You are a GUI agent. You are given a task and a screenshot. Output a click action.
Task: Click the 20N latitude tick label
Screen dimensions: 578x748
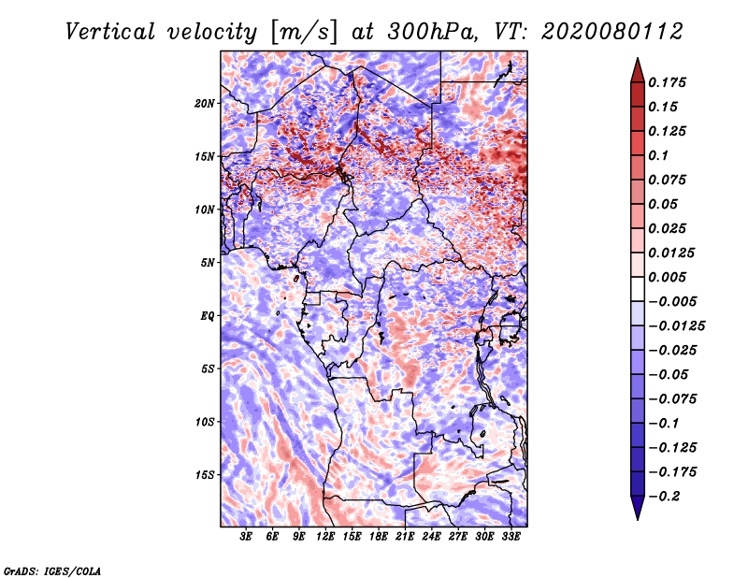pyautogui.click(x=205, y=103)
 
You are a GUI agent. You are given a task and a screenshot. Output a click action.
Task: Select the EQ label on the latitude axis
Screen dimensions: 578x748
pyautogui.click(x=207, y=316)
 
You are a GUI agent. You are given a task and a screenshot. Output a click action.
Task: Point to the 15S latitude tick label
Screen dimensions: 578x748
pyautogui.click(x=205, y=475)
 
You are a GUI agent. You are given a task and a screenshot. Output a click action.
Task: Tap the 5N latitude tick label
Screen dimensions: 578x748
pyautogui.click(x=208, y=263)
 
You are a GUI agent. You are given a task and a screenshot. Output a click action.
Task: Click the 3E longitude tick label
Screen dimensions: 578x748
pyautogui.click(x=246, y=537)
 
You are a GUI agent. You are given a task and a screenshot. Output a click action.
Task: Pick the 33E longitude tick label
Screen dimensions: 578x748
pyautogui.click(x=511, y=537)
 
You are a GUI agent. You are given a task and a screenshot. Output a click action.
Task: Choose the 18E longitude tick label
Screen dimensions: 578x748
pyautogui.click(x=379, y=537)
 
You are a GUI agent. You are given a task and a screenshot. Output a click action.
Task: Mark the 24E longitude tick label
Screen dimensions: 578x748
pyautogui.click(x=431, y=537)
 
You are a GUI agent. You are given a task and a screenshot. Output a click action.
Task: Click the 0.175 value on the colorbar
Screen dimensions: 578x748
pyautogui.click(x=670, y=82)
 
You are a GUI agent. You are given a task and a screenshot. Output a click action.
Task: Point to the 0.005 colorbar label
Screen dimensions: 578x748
pyautogui.click(x=670, y=277)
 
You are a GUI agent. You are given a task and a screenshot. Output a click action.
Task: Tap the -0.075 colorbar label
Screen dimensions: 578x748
pyautogui.click(x=675, y=398)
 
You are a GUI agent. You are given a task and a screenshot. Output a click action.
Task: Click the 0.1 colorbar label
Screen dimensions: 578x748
pyautogui.click(x=660, y=155)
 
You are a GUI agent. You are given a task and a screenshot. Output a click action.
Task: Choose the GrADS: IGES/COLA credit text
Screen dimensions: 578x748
pyautogui.click(x=52, y=570)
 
